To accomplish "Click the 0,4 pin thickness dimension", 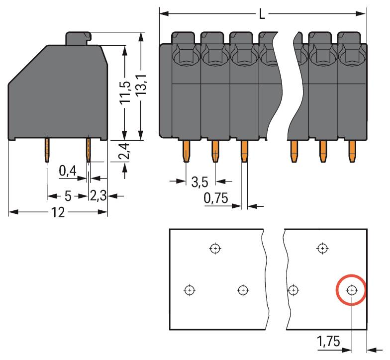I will tap(67, 172).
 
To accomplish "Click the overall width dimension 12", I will tap(58, 213).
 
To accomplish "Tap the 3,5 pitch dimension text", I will tap(199, 182).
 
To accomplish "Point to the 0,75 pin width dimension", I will tap(215, 199).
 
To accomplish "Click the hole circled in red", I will tap(352, 290).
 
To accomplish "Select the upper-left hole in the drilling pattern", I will tap(215, 248).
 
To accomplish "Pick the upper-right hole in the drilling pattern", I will tap(323, 248).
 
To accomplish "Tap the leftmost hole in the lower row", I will tap(189, 290).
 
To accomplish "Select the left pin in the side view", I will tap(47, 149).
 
